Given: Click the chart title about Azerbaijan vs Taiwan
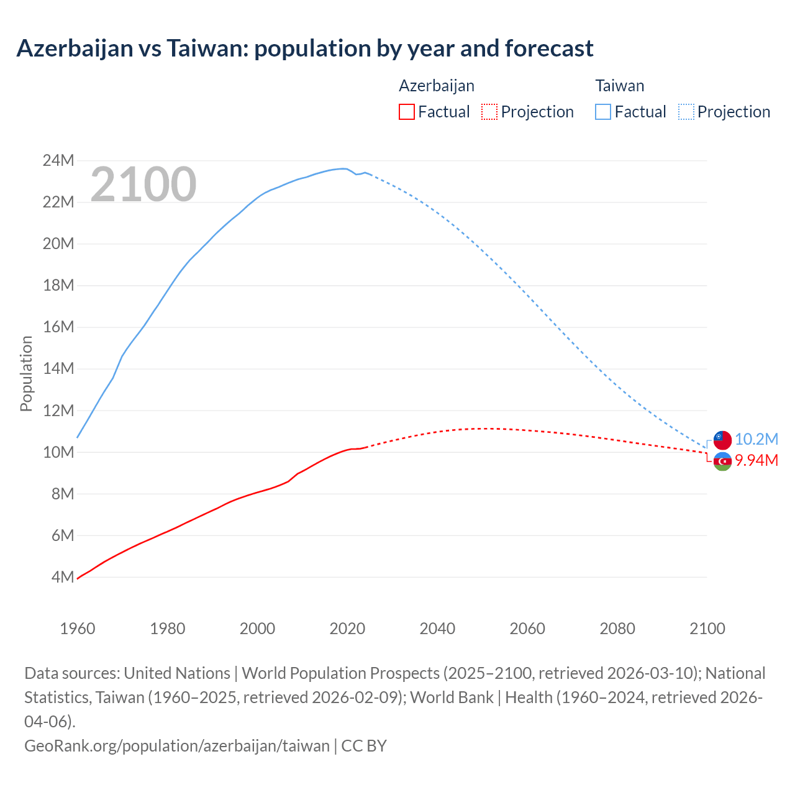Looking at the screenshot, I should coord(304,48).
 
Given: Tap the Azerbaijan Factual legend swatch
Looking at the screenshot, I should coord(406,112).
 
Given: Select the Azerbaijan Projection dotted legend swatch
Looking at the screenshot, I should coord(489,112).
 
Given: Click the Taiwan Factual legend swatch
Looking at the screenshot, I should coord(603,112).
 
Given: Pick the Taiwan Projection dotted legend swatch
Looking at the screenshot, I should coord(686,112).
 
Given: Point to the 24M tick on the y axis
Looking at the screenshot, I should coord(58,160).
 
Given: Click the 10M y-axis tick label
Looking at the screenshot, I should coord(58,452).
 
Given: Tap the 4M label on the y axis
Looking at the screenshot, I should coord(62,577).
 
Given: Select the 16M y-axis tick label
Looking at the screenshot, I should coord(58,327).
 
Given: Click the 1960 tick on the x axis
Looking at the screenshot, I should coord(78,629).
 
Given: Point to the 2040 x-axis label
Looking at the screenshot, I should coord(437,629).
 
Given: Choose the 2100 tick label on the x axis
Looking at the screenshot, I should coord(707,629).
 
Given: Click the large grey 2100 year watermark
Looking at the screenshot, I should coord(143,184).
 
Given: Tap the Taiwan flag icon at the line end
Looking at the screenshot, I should coord(722,440).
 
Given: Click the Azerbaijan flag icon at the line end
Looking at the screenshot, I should coord(722,461).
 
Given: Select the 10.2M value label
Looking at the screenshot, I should coord(756,439).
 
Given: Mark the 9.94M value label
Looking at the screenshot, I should coord(756,460).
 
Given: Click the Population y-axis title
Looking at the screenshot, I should coord(26,373).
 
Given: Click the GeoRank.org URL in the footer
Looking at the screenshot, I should coord(177,745).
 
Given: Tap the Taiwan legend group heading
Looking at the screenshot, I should coord(619,86).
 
